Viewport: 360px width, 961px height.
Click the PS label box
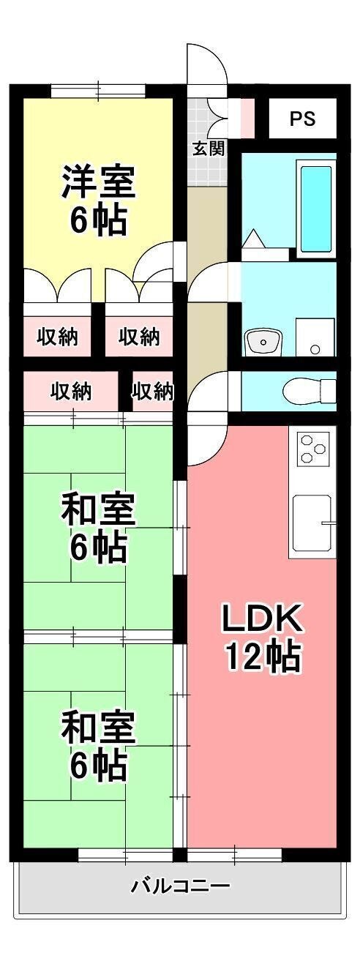[x=303, y=119]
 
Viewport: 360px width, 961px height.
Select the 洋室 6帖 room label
[x=99, y=201]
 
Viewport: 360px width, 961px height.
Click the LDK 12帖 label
[x=262, y=638]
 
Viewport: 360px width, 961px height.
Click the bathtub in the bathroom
[x=316, y=209]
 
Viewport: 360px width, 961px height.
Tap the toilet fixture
[x=309, y=391]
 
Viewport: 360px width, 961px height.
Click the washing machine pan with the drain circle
[x=315, y=337]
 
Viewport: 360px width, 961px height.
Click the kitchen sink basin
[x=312, y=523]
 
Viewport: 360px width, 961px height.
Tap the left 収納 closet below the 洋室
[x=57, y=337]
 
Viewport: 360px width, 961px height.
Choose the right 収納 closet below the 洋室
[x=139, y=337]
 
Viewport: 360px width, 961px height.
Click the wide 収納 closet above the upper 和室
[x=71, y=392]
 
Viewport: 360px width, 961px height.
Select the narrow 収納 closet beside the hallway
[x=153, y=392]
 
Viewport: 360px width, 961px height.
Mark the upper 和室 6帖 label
[x=99, y=528]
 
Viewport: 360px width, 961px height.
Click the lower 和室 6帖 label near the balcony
[x=99, y=745]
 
